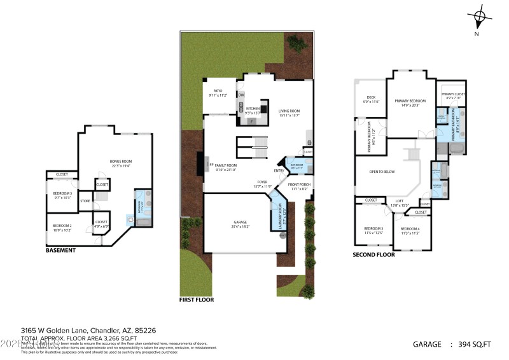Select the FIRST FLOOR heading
click(x=197, y=300)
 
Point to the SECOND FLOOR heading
click(x=373, y=254)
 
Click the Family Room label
click(x=226, y=167)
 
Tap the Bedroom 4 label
click(x=410, y=230)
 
